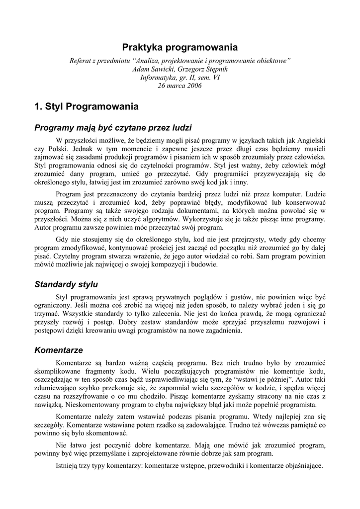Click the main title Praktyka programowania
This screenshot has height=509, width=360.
coord(180,47)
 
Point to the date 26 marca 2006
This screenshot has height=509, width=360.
coord(180,85)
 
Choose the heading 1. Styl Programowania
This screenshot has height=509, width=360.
coord(87,106)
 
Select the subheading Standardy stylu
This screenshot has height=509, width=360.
coord(66,284)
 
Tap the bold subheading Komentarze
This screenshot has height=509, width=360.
coord(59,350)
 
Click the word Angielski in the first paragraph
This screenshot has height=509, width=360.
coord(310,140)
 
